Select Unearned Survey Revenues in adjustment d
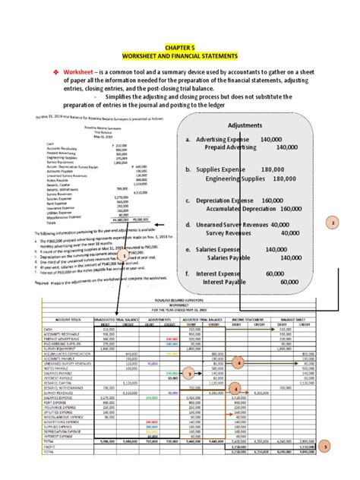coord(232,225)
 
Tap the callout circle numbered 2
coord(333,223)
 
